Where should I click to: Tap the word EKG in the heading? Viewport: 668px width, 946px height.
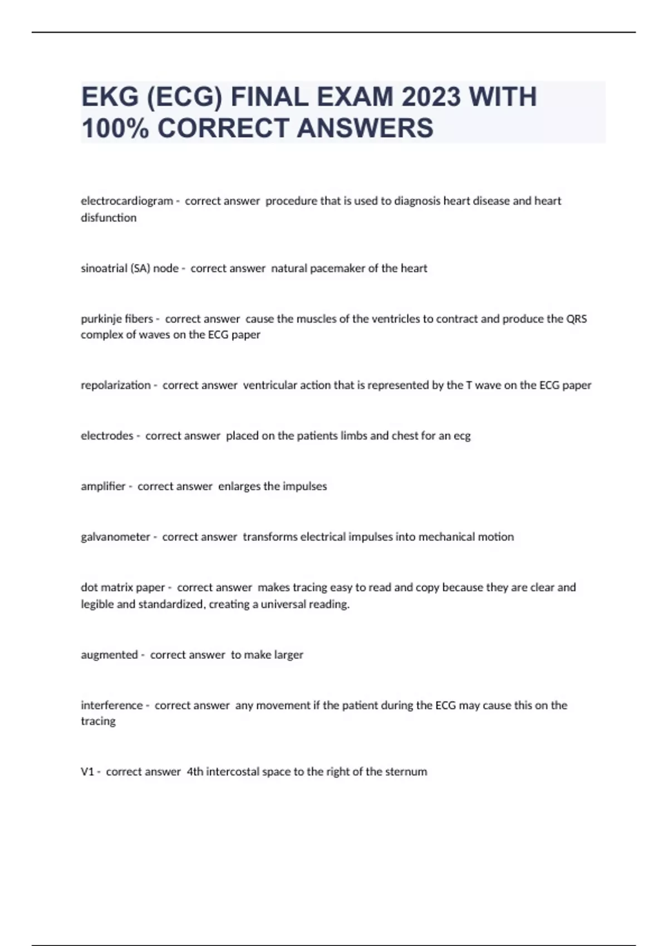[110, 97]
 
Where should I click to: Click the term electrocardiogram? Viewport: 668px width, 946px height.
[127, 201]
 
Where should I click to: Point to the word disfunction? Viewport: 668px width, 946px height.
[109, 218]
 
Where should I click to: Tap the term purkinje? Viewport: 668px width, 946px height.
[101, 319]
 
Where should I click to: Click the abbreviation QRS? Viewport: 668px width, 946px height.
[576, 319]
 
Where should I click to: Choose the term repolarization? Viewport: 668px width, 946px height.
[115, 385]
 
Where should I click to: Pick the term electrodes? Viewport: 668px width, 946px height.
[107, 436]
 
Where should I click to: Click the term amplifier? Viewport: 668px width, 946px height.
[103, 486]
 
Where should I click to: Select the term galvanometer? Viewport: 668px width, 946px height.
[115, 537]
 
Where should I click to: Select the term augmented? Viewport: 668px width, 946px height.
[109, 655]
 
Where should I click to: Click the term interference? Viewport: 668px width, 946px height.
[111, 706]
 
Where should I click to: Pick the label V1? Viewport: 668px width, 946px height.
[87, 772]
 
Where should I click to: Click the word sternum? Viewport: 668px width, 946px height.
[407, 772]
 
